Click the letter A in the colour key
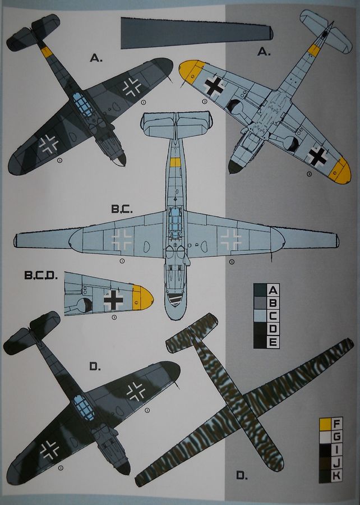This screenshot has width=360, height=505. click(273, 290)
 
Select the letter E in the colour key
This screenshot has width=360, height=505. click(273, 341)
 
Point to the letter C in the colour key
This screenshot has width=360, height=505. click(273, 315)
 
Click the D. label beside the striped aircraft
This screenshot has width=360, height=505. click(241, 476)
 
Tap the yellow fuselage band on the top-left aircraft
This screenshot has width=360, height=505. click(47, 52)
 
